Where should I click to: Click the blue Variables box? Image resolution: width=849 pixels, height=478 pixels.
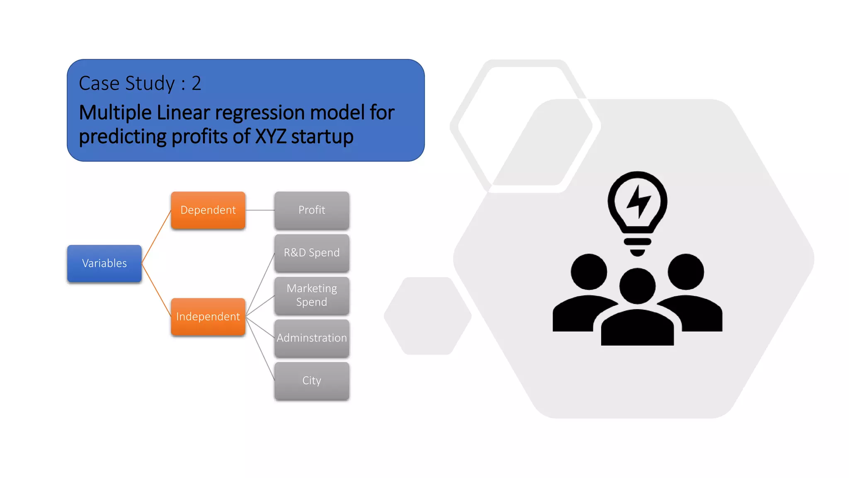click(x=104, y=263)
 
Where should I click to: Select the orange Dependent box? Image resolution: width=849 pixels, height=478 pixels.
click(x=208, y=210)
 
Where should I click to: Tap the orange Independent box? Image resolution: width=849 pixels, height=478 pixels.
click(x=208, y=317)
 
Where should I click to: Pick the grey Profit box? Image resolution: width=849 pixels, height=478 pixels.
click(x=312, y=210)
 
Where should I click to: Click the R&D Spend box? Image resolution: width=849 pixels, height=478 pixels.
click(x=312, y=253)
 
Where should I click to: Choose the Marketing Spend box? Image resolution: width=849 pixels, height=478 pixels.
click(x=312, y=295)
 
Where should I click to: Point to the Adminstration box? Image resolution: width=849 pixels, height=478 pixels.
click(x=312, y=338)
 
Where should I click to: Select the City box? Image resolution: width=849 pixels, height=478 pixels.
click(x=312, y=380)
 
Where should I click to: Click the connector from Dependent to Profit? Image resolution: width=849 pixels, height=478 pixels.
click(x=260, y=210)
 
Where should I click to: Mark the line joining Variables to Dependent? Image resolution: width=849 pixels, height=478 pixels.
click(x=156, y=237)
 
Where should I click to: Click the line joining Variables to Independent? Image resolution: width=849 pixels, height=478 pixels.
click(x=156, y=290)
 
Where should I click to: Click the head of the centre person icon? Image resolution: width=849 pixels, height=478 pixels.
click(x=638, y=286)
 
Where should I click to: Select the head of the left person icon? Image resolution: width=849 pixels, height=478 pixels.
click(x=589, y=272)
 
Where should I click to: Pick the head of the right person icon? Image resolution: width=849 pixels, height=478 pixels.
click(x=686, y=272)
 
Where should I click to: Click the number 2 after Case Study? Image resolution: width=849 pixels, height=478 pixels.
click(x=196, y=83)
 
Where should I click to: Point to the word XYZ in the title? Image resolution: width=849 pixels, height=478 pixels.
click(x=270, y=137)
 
